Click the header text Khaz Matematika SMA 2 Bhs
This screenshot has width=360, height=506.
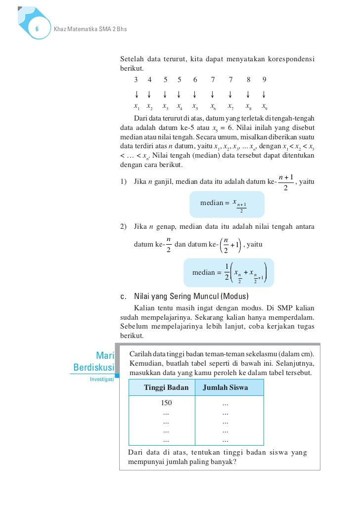90,29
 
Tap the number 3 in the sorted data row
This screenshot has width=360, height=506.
136,80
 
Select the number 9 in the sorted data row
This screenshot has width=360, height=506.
265,80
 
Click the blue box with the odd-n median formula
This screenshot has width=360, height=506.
227,204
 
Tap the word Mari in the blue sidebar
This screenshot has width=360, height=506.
105,355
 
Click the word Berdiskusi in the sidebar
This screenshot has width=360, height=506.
93,368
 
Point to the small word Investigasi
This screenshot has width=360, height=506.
101,379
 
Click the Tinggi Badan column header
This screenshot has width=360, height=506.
166,388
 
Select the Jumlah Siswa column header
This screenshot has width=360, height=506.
225,388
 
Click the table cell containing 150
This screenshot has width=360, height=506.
166,403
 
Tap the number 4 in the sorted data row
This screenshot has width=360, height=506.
150,80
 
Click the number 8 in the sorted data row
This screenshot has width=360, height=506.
249,80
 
